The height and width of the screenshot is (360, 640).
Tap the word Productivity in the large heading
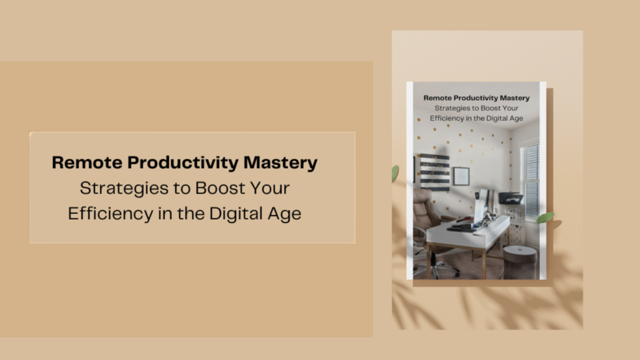pos(183,163)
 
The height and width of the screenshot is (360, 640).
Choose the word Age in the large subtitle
pos(285,213)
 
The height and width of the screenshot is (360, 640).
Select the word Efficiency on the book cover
pos(450,119)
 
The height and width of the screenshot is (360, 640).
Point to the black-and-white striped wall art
pos(434,171)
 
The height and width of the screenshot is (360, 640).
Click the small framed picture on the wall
pos(461,176)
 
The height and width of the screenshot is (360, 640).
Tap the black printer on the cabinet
pos(511,198)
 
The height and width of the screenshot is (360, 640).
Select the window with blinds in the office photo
pos(530,172)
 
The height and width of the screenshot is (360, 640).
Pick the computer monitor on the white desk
pos(481,203)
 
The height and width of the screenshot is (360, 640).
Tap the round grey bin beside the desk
pos(520,262)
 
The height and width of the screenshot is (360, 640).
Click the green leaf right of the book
pos(545,217)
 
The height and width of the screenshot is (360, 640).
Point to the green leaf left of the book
pos(395,173)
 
